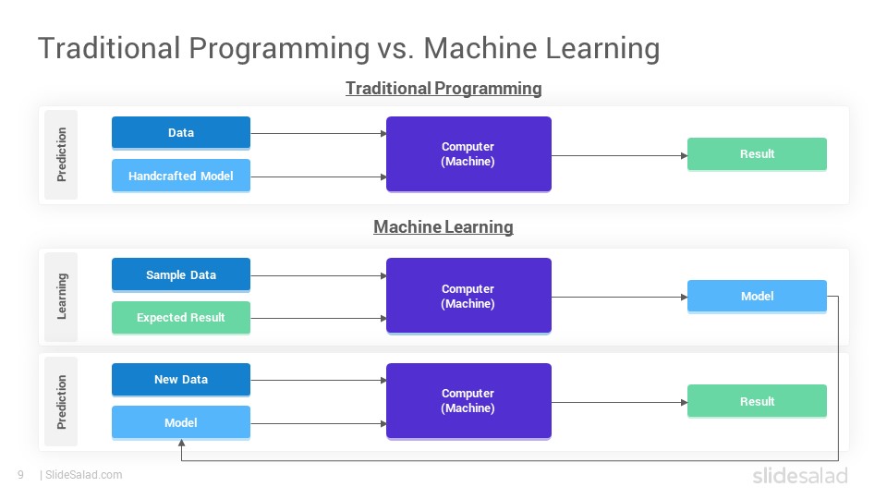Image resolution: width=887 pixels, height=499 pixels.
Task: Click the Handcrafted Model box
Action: click(x=181, y=176)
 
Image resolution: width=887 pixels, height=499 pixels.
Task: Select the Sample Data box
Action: click(x=181, y=275)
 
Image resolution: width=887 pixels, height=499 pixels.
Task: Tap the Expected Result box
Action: click(x=181, y=317)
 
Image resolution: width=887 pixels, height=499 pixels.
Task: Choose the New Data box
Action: click(x=181, y=380)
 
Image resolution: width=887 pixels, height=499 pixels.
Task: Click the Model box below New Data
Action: click(x=181, y=422)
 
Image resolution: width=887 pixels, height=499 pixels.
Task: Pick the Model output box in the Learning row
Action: click(x=757, y=297)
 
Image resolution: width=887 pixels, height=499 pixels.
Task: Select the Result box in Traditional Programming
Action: click(x=757, y=154)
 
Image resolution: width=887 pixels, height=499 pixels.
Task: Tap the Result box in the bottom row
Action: click(x=757, y=401)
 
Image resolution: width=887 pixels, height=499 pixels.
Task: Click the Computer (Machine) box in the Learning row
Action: click(x=468, y=296)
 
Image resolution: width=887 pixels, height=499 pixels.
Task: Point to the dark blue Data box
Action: click(x=181, y=133)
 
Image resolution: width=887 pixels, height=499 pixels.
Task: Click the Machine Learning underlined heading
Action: click(x=443, y=227)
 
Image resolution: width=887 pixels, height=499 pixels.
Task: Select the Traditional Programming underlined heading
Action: click(x=443, y=89)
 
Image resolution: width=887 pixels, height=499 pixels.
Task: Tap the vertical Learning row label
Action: click(x=62, y=297)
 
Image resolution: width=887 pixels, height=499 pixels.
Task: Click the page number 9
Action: click(x=21, y=475)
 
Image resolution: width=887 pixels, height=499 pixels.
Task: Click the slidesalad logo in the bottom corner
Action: click(x=800, y=475)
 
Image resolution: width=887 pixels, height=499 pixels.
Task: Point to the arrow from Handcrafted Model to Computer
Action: click(x=319, y=177)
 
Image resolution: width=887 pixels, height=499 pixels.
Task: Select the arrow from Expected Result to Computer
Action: click(x=319, y=319)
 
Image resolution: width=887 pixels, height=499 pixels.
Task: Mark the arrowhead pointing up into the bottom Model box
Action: click(x=181, y=443)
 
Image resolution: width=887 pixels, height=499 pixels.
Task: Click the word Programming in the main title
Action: click(x=279, y=49)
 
